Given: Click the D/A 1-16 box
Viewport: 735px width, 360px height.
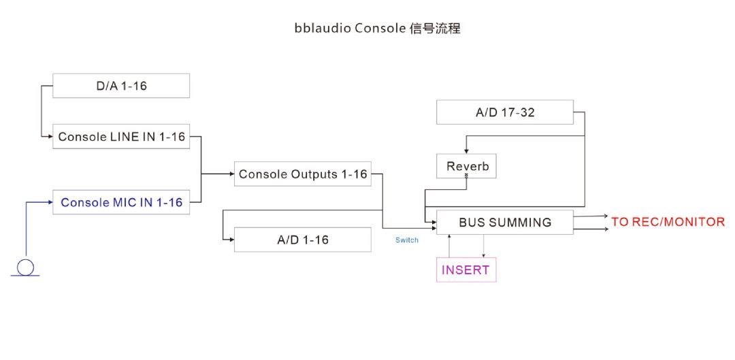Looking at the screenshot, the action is pyautogui.click(x=121, y=85).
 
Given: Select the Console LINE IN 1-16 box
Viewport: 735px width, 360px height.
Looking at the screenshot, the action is pyautogui.click(x=121, y=136).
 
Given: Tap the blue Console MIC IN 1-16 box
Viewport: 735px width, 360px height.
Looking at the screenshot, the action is pyautogui.click(x=121, y=202).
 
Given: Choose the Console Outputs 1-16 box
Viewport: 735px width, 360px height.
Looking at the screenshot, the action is pyautogui.click(x=302, y=174).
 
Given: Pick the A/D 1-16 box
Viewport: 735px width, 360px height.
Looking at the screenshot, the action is pyautogui.click(x=302, y=240).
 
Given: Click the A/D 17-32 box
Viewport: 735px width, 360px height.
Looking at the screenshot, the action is pyautogui.click(x=505, y=112).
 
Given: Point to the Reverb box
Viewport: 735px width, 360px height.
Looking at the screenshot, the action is pyautogui.click(x=466, y=166).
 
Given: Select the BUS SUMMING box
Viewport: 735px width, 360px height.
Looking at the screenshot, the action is pyautogui.click(x=505, y=222).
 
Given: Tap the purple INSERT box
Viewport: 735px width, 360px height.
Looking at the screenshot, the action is pyautogui.click(x=466, y=269).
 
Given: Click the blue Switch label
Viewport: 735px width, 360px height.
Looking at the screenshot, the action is pyautogui.click(x=406, y=240).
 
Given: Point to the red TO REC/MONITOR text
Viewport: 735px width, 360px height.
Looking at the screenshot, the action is pyautogui.click(x=668, y=222).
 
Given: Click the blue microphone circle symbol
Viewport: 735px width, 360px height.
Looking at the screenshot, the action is pyautogui.click(x=25, y=267).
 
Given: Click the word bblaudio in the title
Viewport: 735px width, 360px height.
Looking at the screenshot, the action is pyautogui.click(x=323, y=28).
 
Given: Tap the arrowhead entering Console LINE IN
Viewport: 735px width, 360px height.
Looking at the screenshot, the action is pyautogui.click(x=50, y=136).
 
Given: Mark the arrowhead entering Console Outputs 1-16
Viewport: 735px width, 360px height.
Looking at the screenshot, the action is pyautogui.click(x=231, y=174).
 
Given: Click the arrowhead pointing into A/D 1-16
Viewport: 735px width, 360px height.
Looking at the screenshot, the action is pyautogui.click(x=231, y=240).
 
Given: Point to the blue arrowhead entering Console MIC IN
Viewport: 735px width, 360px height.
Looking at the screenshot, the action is pyautogui.click(x=50, y=202).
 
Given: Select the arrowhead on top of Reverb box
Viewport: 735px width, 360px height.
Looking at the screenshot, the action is pyautogui.click(x=466, y=151).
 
